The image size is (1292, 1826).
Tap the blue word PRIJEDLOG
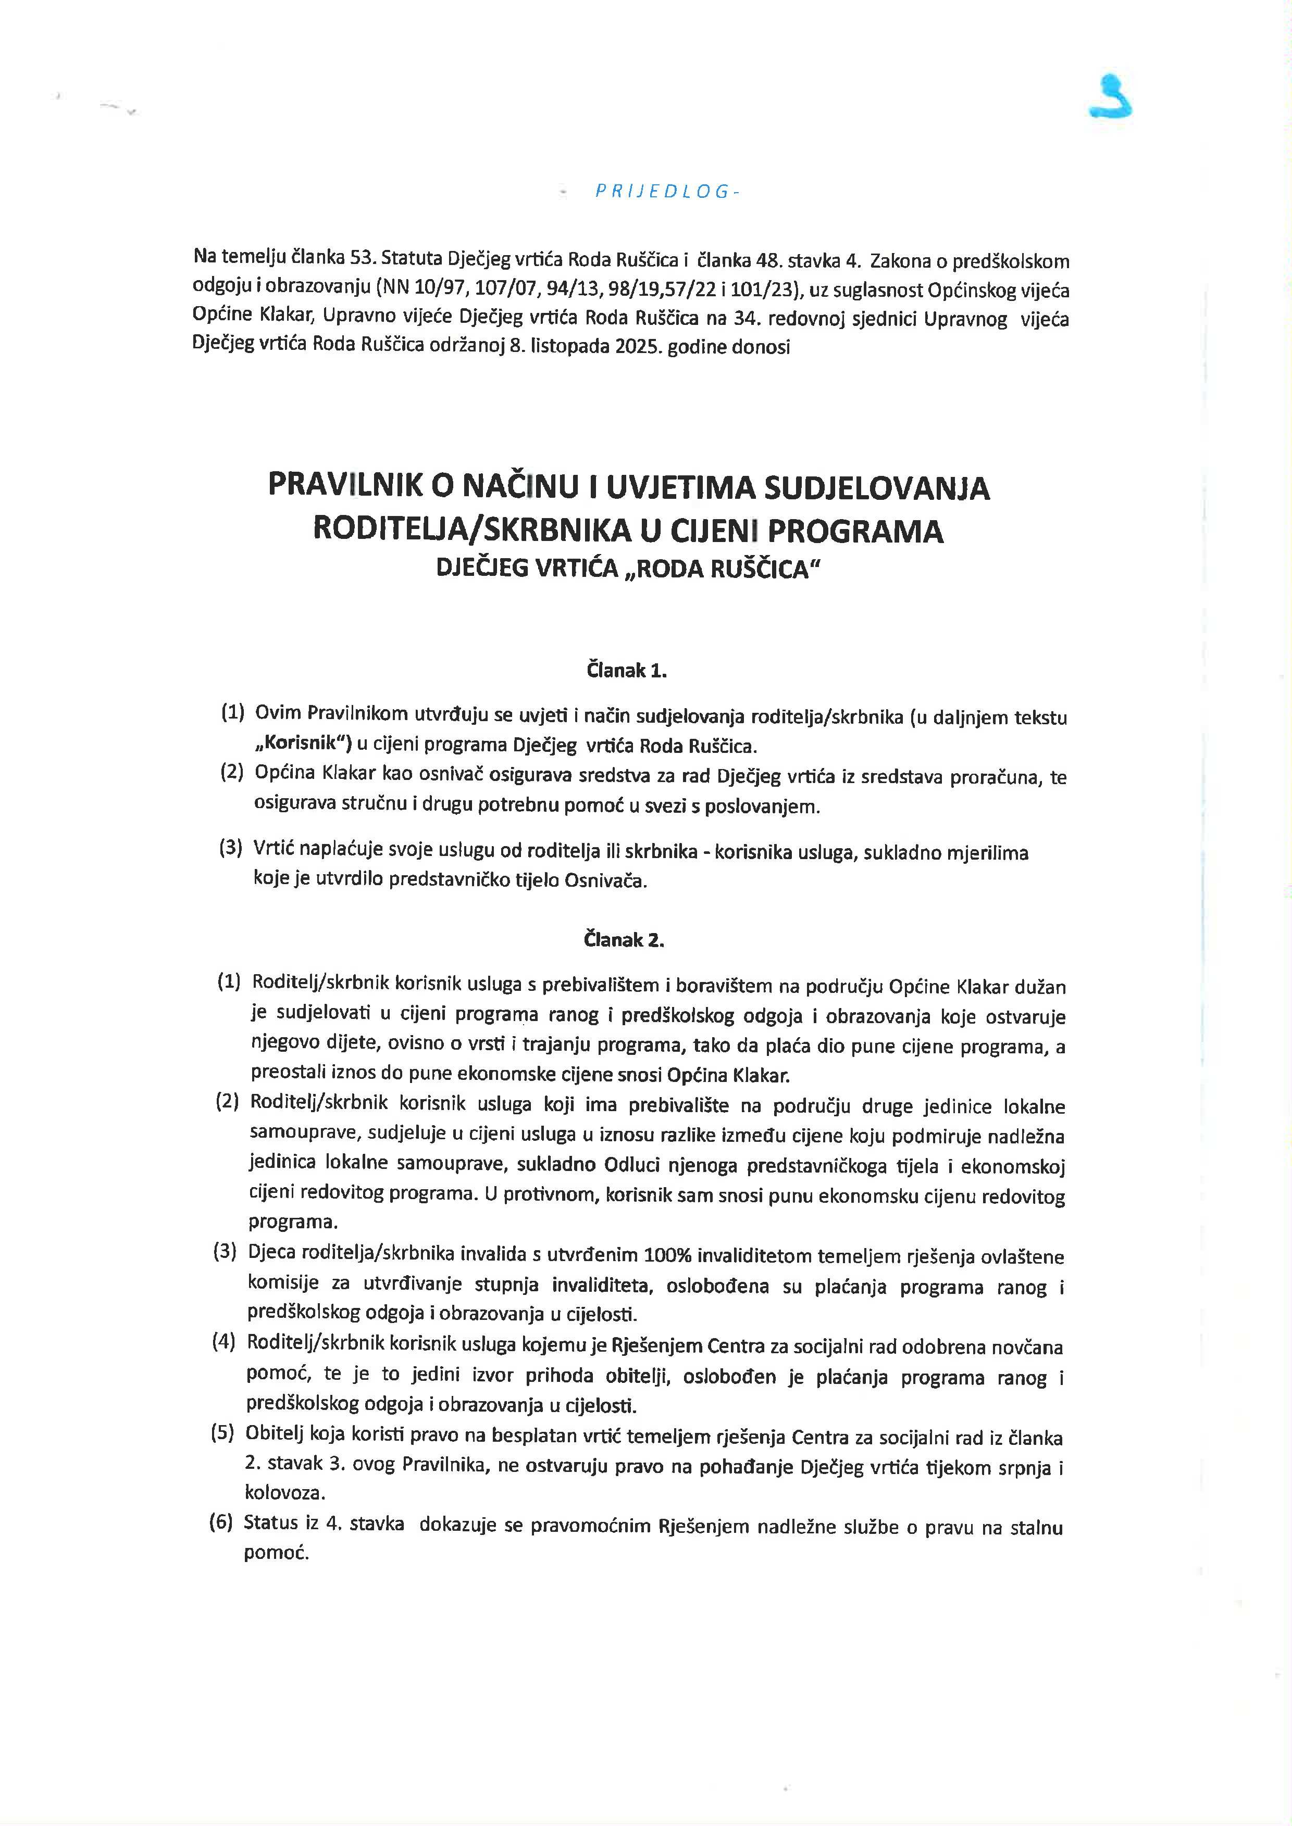click(x=662, y=191)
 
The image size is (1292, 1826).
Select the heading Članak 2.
click(x=625, y=940)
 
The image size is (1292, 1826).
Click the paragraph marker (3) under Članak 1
click(x=231, y=848)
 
